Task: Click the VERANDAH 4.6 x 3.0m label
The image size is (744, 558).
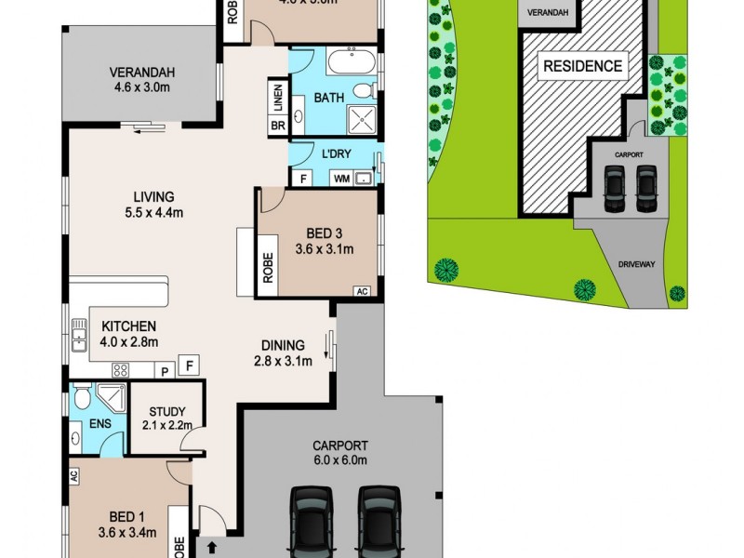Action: coord(142,81)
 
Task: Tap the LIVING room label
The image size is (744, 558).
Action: coord(153,204)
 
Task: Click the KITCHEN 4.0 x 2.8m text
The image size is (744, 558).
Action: coord(129,334)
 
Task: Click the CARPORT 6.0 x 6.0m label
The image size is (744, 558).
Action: coord(340,452)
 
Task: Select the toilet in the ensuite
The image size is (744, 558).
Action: coord(81,399)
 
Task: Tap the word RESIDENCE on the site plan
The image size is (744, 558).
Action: coord(582,66)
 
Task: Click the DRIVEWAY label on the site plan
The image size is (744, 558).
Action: coord(636,264)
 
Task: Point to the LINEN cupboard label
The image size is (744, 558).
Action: coord(277,97)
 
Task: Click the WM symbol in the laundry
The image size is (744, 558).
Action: coord(341,177)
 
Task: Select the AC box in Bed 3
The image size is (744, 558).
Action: coord(363,291)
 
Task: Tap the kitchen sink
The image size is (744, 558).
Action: coord(78,335)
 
